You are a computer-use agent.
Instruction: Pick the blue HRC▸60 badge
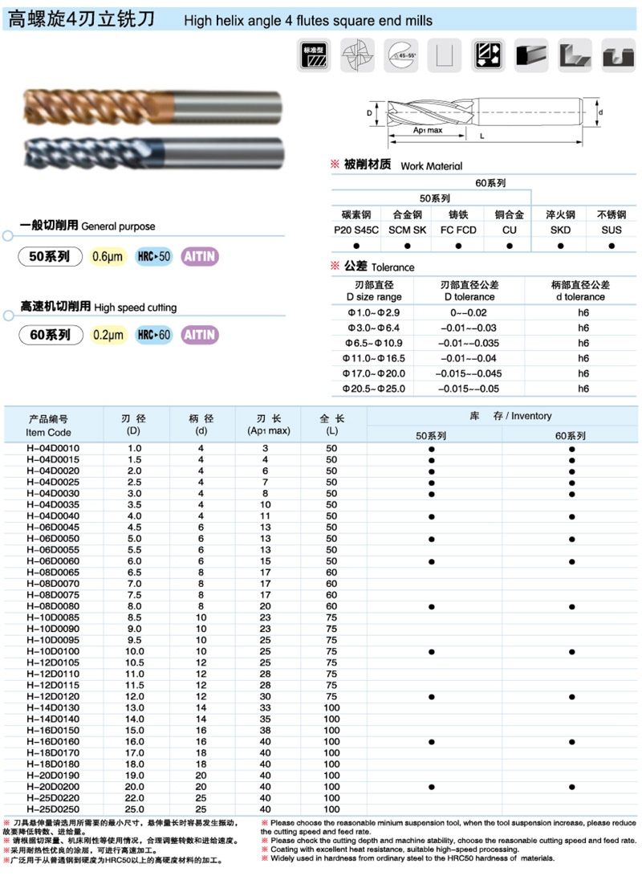click(154, 335)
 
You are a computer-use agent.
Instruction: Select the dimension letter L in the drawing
click(481, 136)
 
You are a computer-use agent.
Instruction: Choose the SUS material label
click(611, 229)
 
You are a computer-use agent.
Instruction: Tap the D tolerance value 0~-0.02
click(469, 312)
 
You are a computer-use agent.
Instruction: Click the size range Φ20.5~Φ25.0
click(373, 389)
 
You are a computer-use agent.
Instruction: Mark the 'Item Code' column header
click(48, 433)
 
